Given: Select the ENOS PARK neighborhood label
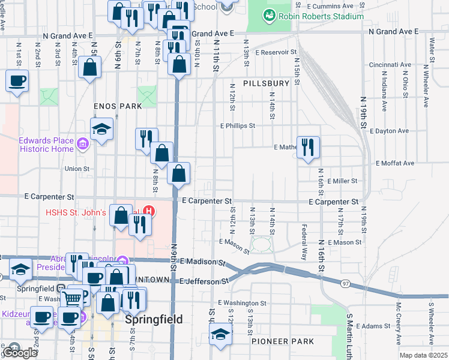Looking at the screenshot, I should [x=118, y=106].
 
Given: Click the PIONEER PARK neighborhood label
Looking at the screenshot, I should [x=283, y=341].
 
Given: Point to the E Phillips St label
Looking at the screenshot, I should [x=238, y=126].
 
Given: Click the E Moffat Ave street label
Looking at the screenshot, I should [x=395, y=163].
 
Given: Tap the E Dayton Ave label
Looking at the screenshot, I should [x=390, y=131].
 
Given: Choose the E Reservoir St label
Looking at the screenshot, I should [x=276, y=53].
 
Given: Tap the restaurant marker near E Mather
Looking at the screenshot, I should [x=308, y=147].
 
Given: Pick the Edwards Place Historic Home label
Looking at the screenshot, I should [x=46, y=145].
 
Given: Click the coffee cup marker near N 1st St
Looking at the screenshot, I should [x=17, y=80].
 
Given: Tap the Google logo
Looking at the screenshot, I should [x=20, y=352].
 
